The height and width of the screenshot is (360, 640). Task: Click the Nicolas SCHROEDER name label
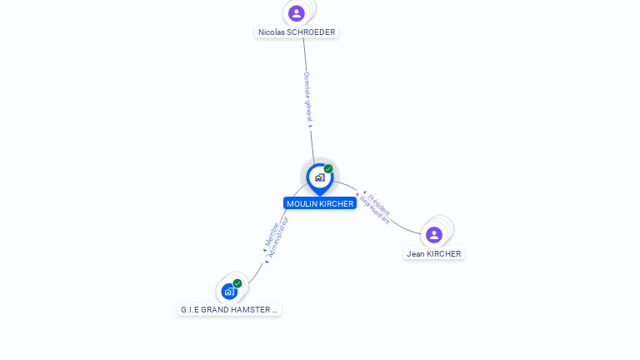tap(297, 32)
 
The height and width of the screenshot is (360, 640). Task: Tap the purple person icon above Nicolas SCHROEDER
tap(297, 13)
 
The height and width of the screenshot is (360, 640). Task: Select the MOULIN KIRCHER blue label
tap(319, 203)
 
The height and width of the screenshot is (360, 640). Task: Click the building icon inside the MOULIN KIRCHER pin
tap(319, 177)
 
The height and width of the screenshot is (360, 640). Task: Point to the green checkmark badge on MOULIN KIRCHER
tap(328, 169)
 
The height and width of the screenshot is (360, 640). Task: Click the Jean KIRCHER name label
tap(433, 254)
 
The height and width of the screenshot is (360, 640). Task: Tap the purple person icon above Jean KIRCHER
tap(433, 235)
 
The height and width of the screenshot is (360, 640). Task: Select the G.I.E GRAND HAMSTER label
tap(229, 309)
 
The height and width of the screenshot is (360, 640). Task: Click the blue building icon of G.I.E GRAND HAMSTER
tap(228, 292)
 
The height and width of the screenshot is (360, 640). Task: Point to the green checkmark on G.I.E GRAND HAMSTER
tap(237, 283)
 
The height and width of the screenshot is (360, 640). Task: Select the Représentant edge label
tap(374, 210)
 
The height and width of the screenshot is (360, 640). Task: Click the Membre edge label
tap(272, 233)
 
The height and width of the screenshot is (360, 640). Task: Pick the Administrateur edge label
tap(277, 237)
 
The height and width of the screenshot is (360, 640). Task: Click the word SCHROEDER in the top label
tap(311, 32)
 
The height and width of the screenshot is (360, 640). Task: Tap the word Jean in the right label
tap(415, 254)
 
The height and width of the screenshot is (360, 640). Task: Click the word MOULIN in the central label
tap(300, 203)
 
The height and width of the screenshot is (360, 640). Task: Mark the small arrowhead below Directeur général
tap(311, 127)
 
